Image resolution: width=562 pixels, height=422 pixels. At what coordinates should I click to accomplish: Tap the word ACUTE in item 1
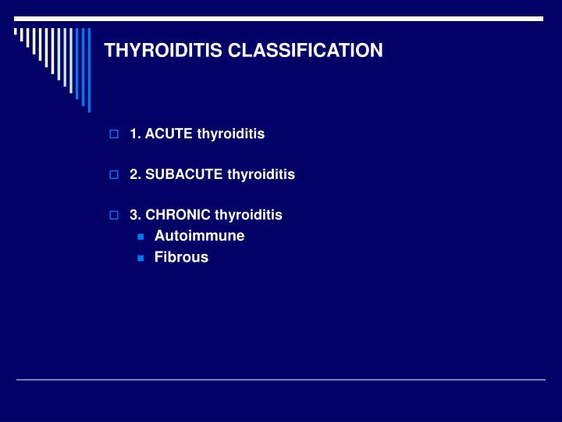pyautogui.click(x=169, y=134)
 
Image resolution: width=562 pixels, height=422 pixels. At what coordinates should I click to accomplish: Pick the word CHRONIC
pyautogui.click(x=177, y=214)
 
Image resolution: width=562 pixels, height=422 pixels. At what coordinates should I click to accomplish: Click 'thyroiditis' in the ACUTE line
pyautogui.click(x=231, y=134)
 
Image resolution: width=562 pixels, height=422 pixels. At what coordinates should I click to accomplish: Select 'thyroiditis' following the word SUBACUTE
pyautogui.click(x=261, y=174)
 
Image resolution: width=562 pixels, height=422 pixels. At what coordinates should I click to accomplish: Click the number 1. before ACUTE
pyautogui.click(x=135, y=134)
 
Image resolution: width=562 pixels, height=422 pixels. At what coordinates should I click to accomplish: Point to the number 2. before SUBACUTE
pyautogui.click(x=135, y=174)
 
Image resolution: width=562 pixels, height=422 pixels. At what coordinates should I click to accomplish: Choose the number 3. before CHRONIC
pyautogui.click(x=135, y=214)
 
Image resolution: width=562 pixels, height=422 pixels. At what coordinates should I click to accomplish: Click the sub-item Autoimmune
pyautogui.click(x=199, y=235)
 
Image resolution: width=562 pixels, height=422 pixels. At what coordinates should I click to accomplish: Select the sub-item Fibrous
pyautogui.click(x=181, y=257)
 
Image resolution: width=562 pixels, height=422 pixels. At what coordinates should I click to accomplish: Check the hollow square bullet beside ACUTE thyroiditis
pyautogui.click(x=114, y=134)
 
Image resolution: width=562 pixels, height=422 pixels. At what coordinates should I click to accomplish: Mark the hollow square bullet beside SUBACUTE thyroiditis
pyautogui.click(x=114, y=175)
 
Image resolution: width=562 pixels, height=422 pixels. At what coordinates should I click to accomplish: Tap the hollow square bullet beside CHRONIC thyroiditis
pyautogui.click(x=114, y=215)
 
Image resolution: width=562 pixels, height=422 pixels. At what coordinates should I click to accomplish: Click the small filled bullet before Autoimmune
pyautogui.click(x=140, y=236)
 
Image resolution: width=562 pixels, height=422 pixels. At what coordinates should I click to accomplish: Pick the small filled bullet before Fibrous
pyautogui.click(x=140, y=258)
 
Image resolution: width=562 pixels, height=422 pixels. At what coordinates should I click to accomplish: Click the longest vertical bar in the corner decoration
pyautogui.click(x=88, y=70)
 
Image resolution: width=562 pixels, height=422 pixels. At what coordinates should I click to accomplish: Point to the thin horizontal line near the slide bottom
pyautogui.click(x=281, y=380)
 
